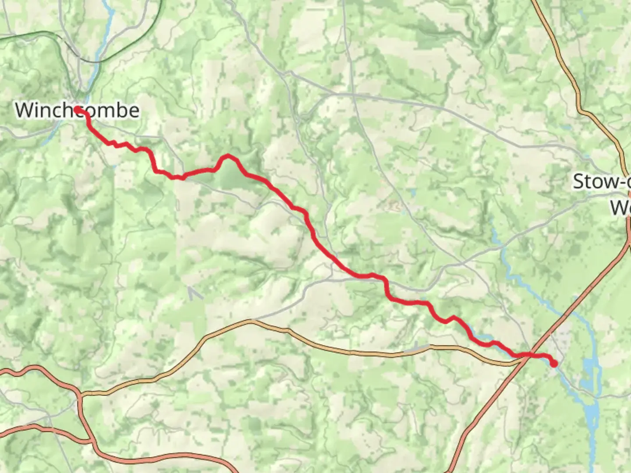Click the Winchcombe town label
click(77, 110)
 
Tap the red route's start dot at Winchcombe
click(77, 109)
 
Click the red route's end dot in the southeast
click(554, 364)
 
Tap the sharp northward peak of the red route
click(227, 156)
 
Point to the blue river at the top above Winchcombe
click(107, 26)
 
